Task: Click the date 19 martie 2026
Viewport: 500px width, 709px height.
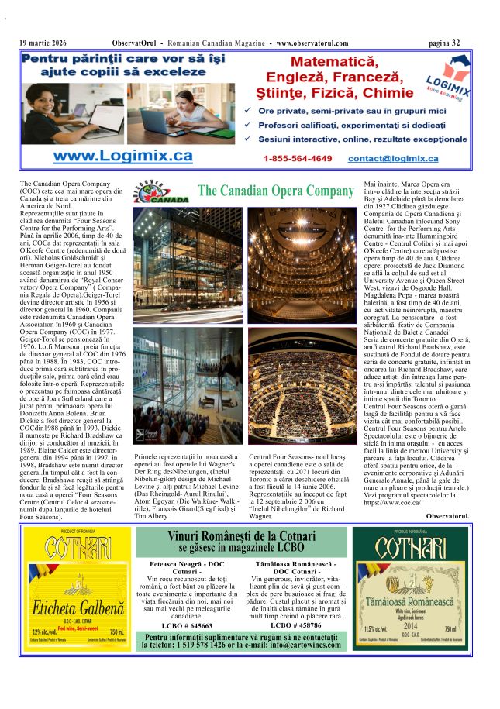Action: pyautogui.click(x=43, y=43)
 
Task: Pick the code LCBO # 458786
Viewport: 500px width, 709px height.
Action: pyautogui.click(x=295, y=625)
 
